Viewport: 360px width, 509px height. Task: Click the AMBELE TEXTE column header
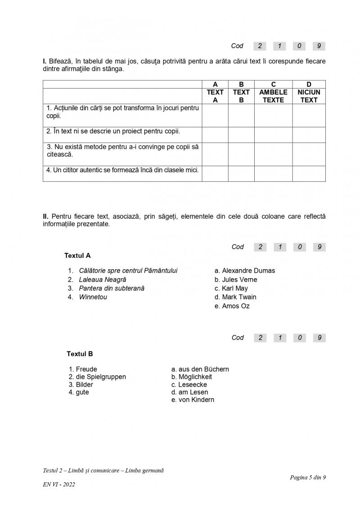coord(273,96)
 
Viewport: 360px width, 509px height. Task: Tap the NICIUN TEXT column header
coord(309,96)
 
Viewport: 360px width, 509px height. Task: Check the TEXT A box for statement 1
coord(215,115)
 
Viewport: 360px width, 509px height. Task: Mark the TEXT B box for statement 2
coord(241,135)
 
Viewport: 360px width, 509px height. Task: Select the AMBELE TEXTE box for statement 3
coord(273,154)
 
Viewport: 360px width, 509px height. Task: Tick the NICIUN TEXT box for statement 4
coord(309,173)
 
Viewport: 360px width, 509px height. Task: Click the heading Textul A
coord(77,256)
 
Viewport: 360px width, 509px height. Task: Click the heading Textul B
coord(80,354)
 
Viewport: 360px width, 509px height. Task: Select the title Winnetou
coord(93,297)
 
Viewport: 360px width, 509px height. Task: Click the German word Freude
coord(86,369)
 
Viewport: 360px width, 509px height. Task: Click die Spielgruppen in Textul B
coord(100,377)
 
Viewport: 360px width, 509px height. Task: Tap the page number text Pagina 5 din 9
coord(308,477)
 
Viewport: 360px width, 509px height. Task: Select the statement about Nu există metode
coord(122,150)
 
